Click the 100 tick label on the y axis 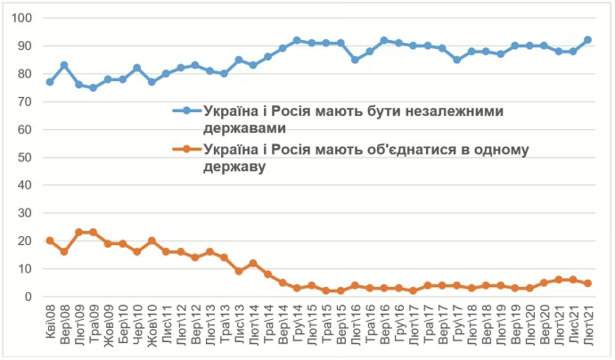[x=22, y=18]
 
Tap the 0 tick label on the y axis [x=29, y=297]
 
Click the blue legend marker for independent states [x=186, y=110]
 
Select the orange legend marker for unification [x=186, y=149]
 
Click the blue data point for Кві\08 [x=50, y=82]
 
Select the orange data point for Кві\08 [x=50, y=241]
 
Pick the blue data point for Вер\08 [x=64, y=65]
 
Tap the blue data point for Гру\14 [x=297, y=40]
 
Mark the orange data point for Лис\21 [x=573, y=280]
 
